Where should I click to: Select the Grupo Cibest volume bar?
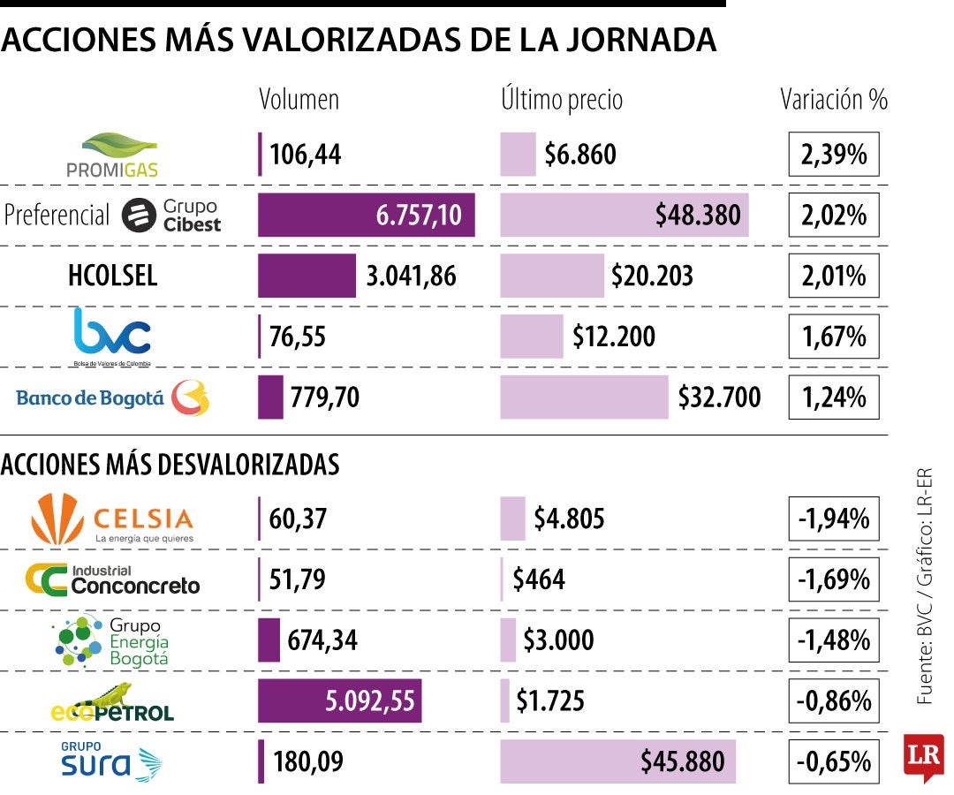click(366, 215)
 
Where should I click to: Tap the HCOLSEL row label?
click(112, 276)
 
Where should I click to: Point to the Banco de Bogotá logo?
click(113, 397)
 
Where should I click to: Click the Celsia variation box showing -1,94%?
click(834, 519)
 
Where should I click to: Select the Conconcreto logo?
click(112, 579)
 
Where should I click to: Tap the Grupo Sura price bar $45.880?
click(617, 761)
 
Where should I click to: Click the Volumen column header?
click(299, 100)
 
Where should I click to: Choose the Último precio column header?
click(562, 100)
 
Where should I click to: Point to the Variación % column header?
click(834, 100)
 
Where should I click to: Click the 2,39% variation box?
click(834, 155)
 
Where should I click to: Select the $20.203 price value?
click(652, 276)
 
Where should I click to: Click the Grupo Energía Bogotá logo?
click(112, 640)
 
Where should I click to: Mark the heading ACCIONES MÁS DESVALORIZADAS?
click(171, 465)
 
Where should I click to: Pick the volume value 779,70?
click(324, 397)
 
